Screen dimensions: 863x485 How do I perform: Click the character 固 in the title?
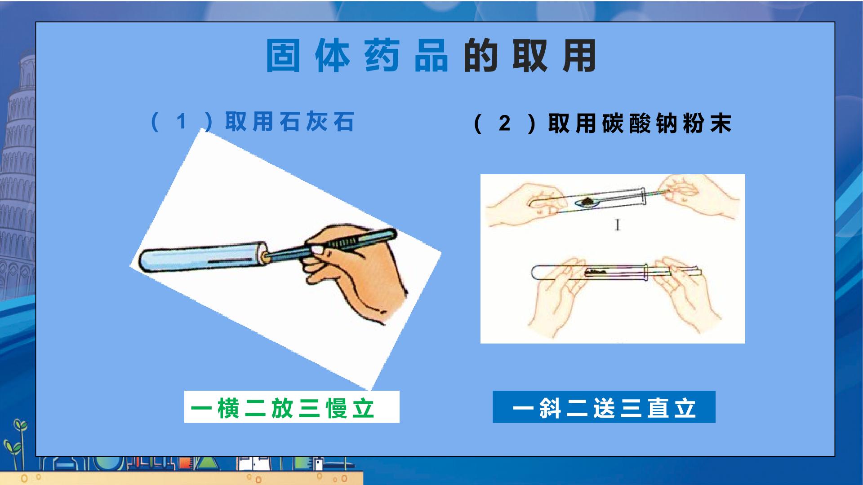click(283, 56)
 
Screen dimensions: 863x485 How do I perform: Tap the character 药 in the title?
click(382, 56)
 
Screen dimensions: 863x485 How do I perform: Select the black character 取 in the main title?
click(530, 56)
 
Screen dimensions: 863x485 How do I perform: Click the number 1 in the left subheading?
click(182, 121)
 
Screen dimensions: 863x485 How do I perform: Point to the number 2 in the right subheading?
click(505, 123)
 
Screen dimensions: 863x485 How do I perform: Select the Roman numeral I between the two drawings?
click(618, 225)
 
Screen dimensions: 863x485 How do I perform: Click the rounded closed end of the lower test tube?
click(535, 272)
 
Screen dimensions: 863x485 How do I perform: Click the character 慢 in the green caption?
click(338, 408)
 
